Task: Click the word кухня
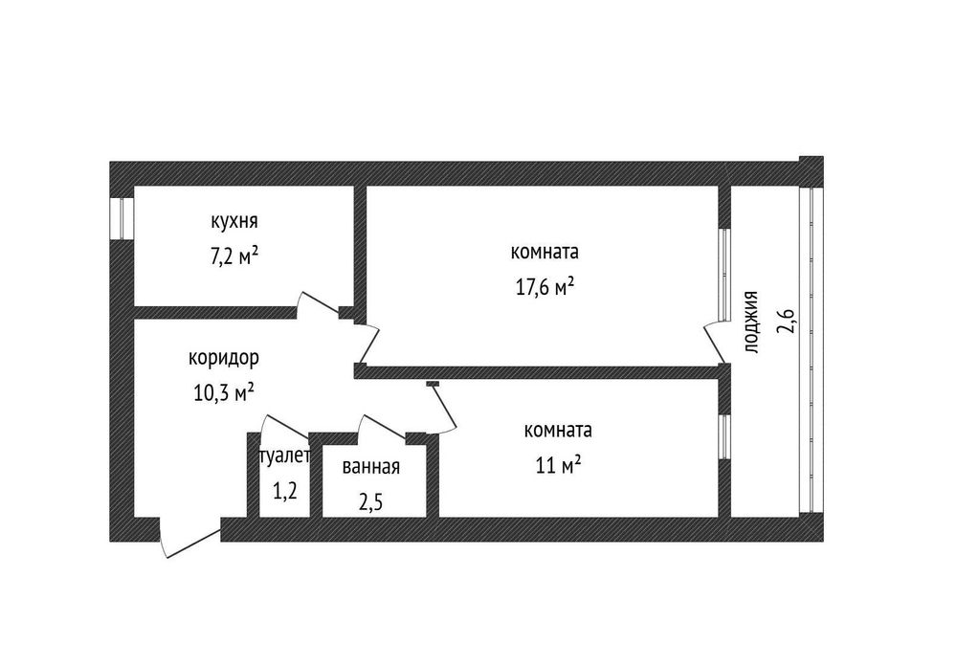click(x=234, y=221)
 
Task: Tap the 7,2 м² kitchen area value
click(x=234, y=256)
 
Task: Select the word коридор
click(x=223, y=359)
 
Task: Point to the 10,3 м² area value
click(x=224, y=392)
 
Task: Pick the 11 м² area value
click(x=558, y=466)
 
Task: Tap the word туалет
click(x=285, y=456)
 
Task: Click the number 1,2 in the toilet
click(x=284, y=491)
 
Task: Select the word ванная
click(x=371, y=467)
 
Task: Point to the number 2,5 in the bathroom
click(x=369, y=504)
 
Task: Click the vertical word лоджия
click(x=751, y=322)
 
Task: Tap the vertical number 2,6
click(x=786, y=321)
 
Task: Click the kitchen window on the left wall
click(x=122, y=218)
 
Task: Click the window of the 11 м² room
click(x=723, y=437)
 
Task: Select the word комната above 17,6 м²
click(x=545, y=252)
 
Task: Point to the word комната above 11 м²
click(x=558, y=431)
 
